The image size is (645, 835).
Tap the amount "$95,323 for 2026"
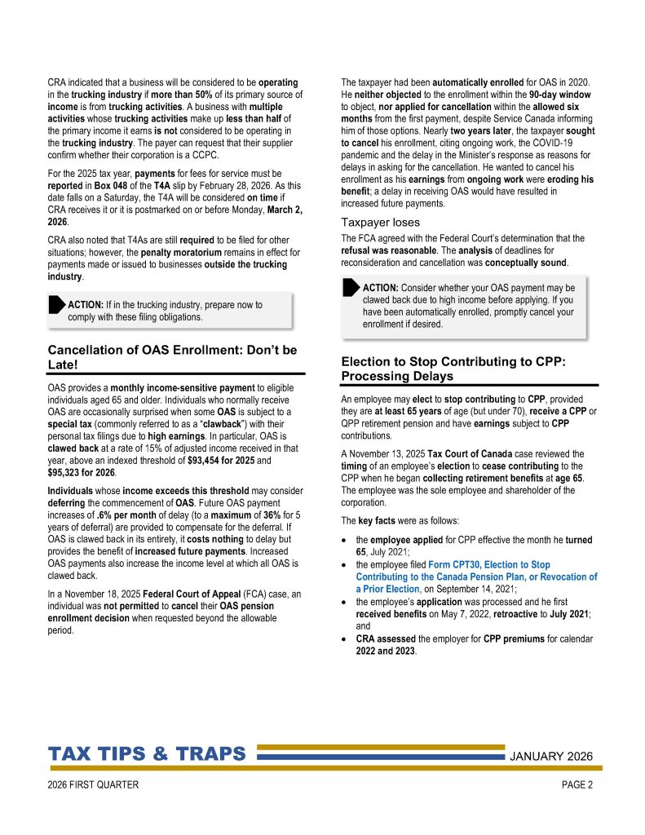82,472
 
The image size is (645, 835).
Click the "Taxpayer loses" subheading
380,222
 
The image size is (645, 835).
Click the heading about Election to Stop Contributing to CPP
453,368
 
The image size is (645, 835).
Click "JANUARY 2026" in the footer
551,755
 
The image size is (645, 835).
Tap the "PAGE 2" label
577,785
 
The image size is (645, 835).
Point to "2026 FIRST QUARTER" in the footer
94,785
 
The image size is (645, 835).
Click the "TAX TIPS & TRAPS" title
147,753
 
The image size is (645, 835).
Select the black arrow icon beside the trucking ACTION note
55,305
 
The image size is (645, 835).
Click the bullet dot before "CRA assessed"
346,638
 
